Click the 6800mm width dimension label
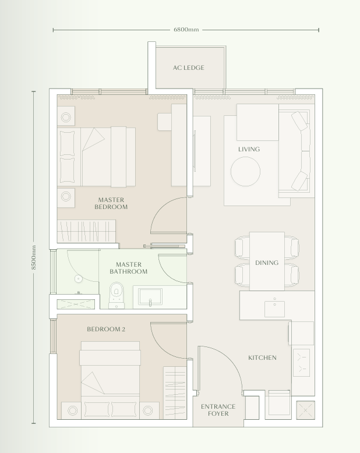[186, 29]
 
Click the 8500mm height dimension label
[34, 257]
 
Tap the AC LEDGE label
[188, 68]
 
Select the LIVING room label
[249, 149]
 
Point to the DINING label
[267, 263]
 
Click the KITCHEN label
[262, 358]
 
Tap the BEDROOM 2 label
[106, 329]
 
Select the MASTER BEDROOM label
[111, 203]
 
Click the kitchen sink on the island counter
[274, 307]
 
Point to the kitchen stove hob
[301, 363]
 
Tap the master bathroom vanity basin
[150, 297]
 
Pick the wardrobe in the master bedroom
[86, 230]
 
